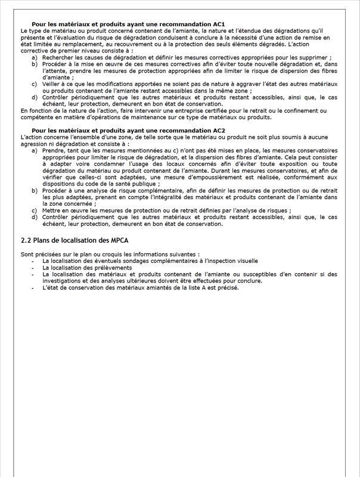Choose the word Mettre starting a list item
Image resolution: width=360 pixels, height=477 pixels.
coord(52,210)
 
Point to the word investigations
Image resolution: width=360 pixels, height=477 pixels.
coord(63,281)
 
